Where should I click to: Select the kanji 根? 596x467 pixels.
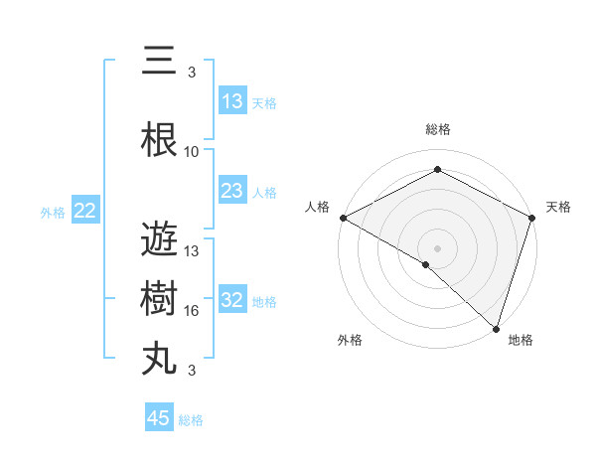coord(161,141)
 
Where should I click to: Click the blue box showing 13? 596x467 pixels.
coord(232,101)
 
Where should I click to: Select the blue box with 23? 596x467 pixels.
coord(232,191)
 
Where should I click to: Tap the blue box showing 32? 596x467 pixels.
coord(232,300)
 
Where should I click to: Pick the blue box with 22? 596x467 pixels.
coord(85,211)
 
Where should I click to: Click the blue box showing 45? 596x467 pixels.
coord(159,418)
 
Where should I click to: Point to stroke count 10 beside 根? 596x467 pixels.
coord(192,152)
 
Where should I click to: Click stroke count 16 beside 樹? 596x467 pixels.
coord(192,311)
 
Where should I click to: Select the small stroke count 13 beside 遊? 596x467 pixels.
coord(192,251)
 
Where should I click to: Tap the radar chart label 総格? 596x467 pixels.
coord(437,129)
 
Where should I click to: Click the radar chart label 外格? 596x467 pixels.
coord(350,340)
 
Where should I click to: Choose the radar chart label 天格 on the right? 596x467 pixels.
coord(558,207)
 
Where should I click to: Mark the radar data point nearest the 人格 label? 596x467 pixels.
coord(343,218)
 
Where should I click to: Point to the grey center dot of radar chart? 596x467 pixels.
coord(437,247)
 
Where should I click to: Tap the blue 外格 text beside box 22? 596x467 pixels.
coord(53,212)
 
